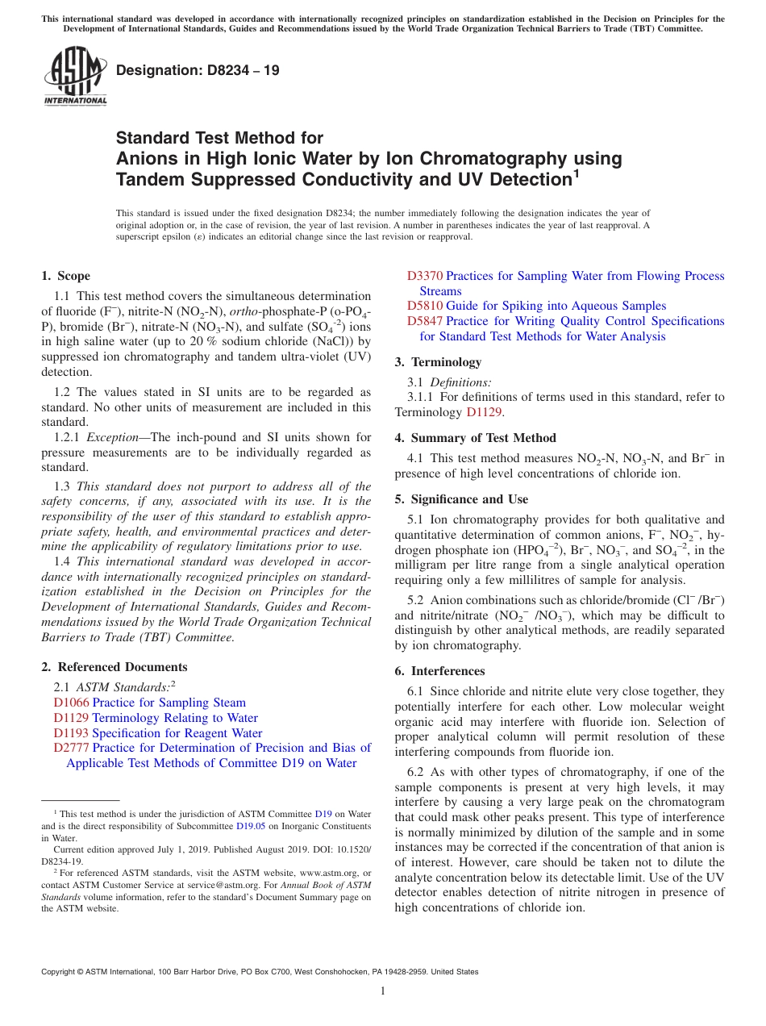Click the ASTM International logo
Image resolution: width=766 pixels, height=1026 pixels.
point(75,76)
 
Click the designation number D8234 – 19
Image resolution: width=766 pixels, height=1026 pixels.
point(198,70)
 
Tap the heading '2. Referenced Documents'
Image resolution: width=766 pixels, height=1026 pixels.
point(114,667)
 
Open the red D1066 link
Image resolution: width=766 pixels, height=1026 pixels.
point(71,703)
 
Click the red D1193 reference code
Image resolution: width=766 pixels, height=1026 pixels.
point(71,733)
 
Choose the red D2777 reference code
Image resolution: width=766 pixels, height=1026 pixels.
point(71,748)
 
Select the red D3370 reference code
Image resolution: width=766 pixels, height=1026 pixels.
point(425,276)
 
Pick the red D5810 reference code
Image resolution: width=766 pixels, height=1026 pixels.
point(425,306)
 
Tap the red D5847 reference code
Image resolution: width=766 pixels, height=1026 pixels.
point(425,321)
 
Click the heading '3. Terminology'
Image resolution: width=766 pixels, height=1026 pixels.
point(438,361)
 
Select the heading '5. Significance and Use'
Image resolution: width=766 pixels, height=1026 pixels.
point(461,499)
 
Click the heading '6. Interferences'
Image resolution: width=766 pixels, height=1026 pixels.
point(439,671)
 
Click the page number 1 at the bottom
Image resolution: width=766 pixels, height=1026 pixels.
point(383,991)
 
